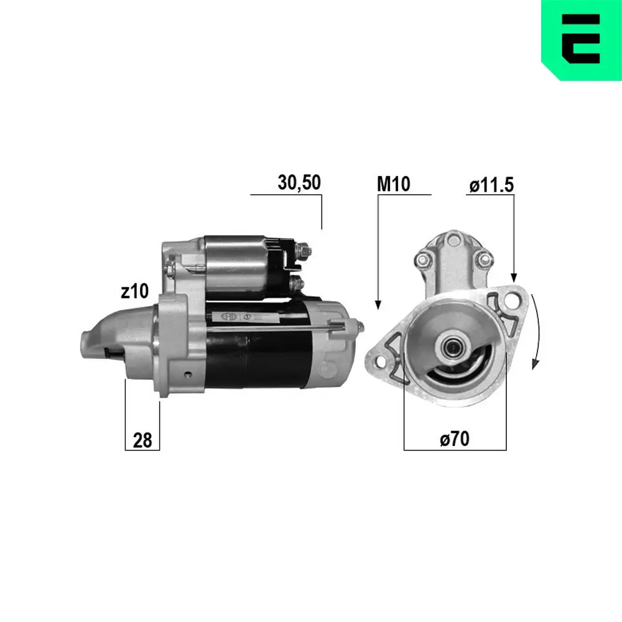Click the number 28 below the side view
coord(142,440)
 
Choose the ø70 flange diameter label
coord(454,439)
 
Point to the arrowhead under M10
coord(378,305)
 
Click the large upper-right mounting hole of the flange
coord(512,300)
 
